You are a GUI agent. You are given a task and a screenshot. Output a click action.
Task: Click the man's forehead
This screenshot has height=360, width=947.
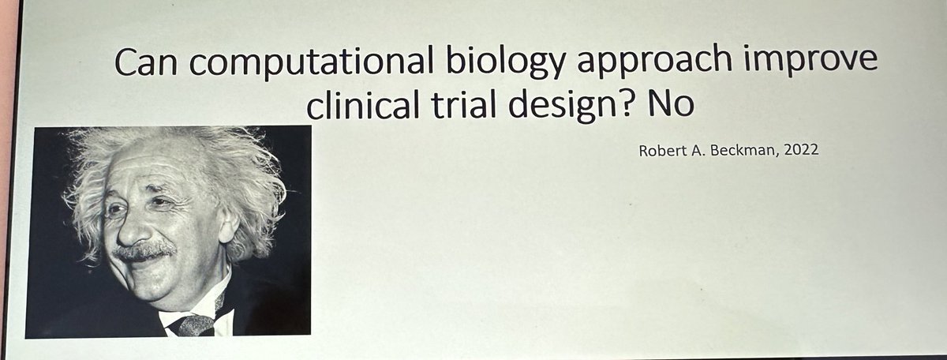[x=146, y=178]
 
